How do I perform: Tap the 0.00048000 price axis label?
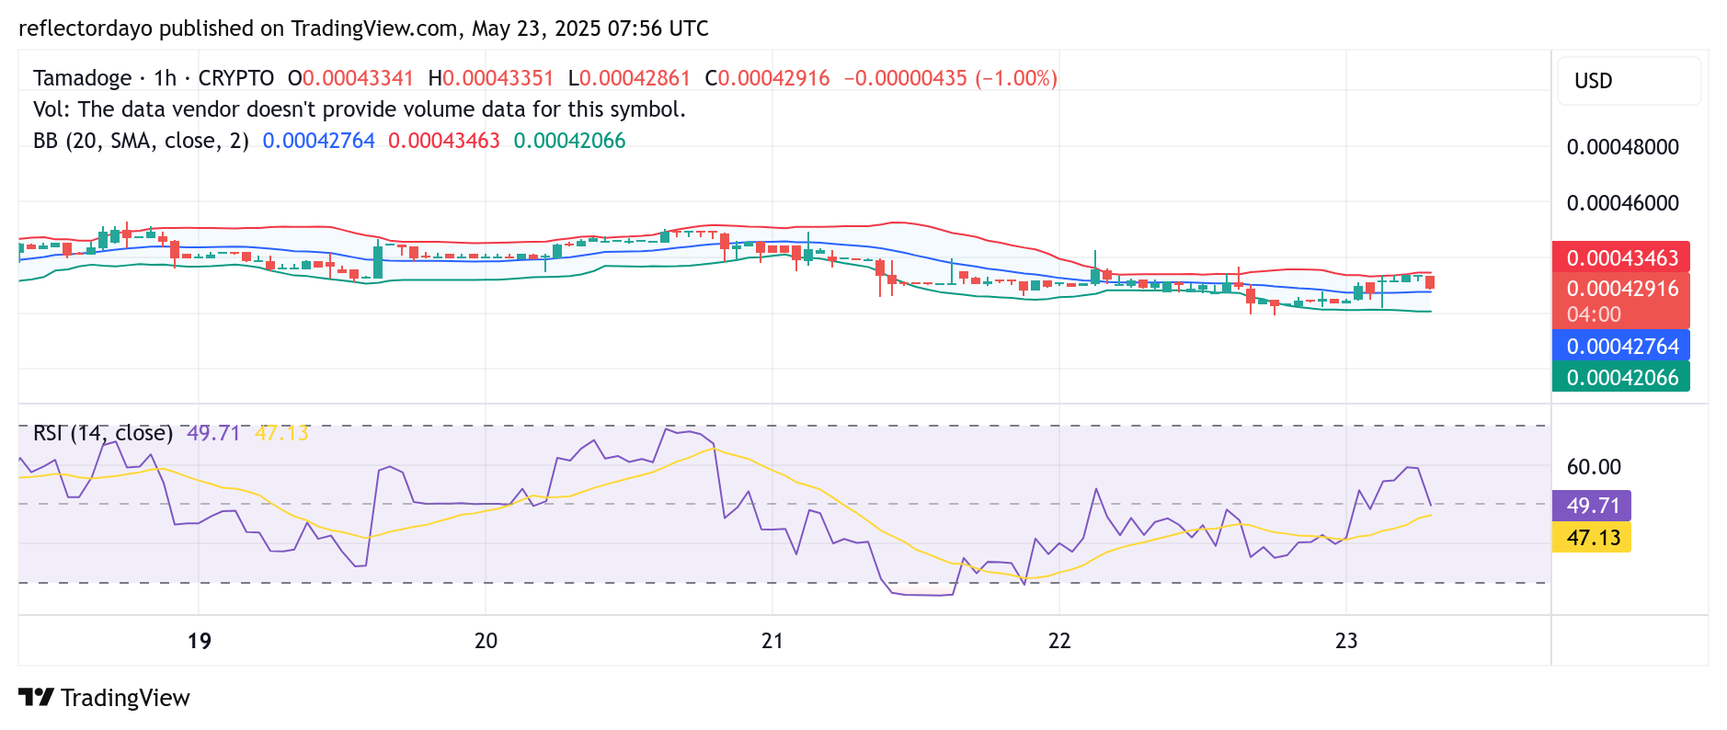(x=1622, y=147)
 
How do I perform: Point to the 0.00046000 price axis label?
(x=1622, y=203)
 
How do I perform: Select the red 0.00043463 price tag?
(x=1620, y=257)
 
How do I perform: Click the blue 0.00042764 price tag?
(x=1620, y=346)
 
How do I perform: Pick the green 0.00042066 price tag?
(x=1620, y=377)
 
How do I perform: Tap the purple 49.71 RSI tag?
(x=1592, y=506)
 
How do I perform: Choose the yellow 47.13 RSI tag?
(x=1592, y=537)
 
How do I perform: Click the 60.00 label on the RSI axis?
(x=1594, y=467)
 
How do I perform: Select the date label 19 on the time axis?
(x=199, y=641)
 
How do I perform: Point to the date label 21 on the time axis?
(x=772, y=641)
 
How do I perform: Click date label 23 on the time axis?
(x=1346, y=641)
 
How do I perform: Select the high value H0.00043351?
(x=491, y=78)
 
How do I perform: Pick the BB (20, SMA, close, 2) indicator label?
(x=141, y=141)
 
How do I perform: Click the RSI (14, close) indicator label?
(x=103, y=433)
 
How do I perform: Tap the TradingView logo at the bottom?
(x=104, y=698)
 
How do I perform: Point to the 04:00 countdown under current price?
(x=1594, y=314)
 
